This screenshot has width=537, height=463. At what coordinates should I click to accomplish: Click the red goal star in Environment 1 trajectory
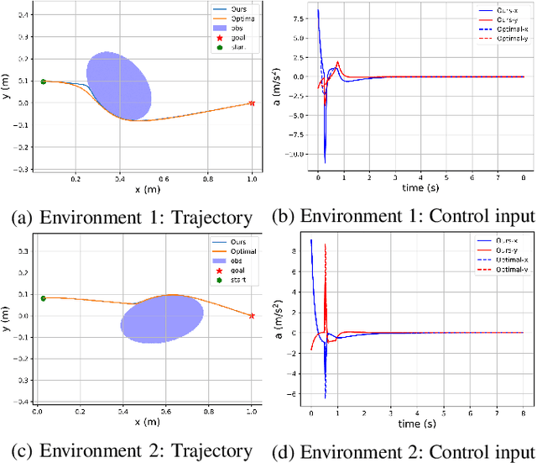click(252, 103)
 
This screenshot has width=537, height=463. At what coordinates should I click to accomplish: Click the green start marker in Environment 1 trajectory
click(43, 82)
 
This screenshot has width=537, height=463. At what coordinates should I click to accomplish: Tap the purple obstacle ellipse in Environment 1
click(119, 85)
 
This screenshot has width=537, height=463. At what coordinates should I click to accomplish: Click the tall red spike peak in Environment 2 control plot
click(325, 245)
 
